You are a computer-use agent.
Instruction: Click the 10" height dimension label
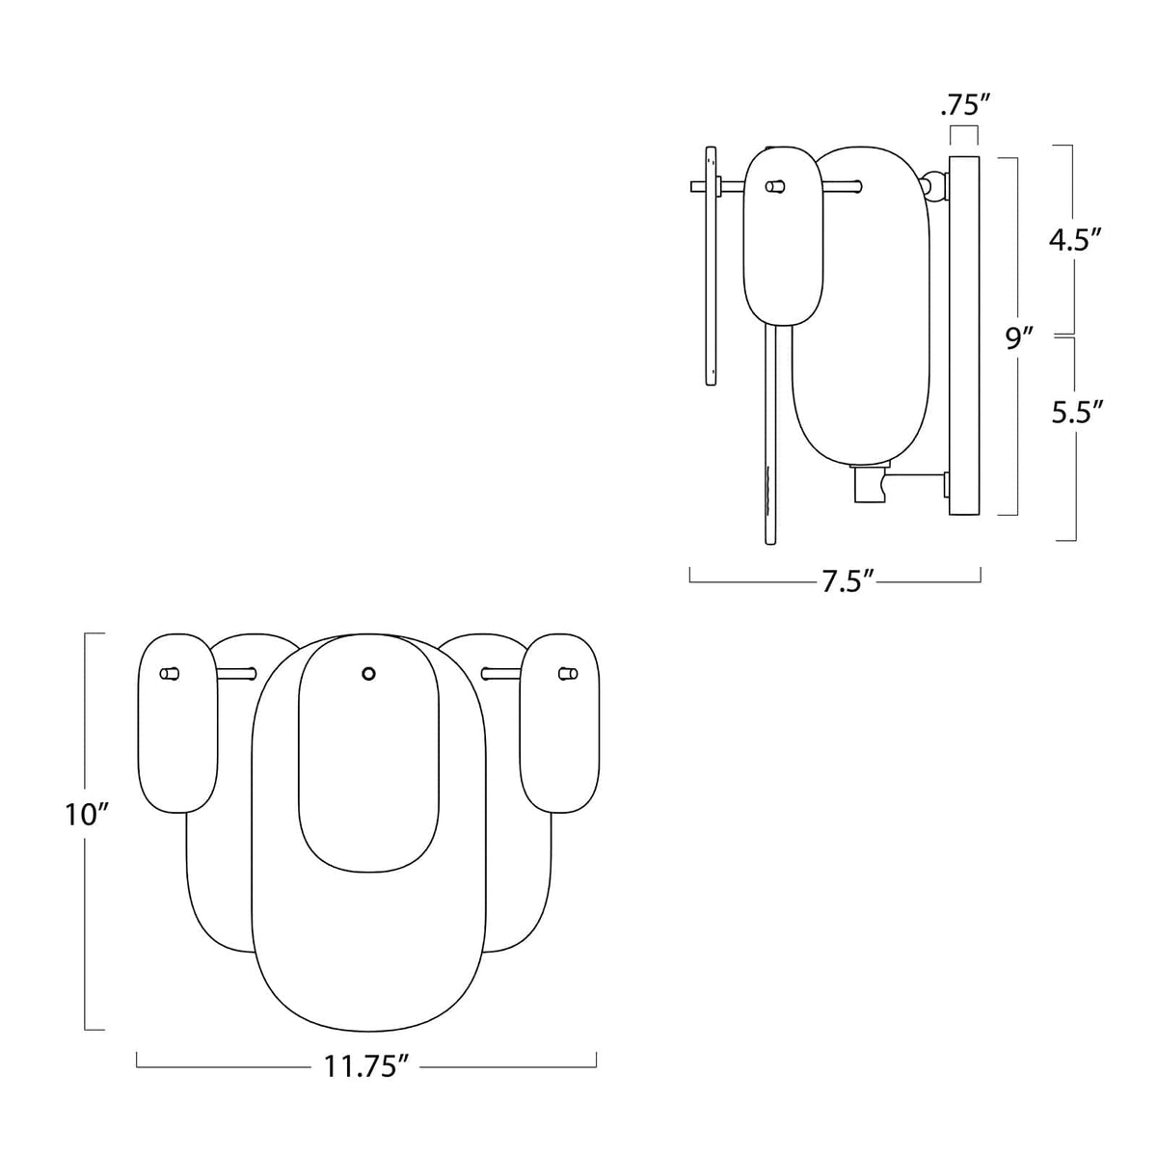pos(84,815)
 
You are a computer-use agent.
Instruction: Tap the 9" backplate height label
pos(1020,337)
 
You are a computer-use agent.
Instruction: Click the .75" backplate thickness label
pos(965,105)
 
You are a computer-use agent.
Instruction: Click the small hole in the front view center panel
pos(367,674)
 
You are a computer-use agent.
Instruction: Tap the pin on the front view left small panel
pos(170,673)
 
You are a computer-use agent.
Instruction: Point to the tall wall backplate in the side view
pos(964,337)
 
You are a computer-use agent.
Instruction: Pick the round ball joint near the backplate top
pos(932,183)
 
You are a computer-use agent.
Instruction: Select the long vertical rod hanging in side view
pos(771,434)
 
